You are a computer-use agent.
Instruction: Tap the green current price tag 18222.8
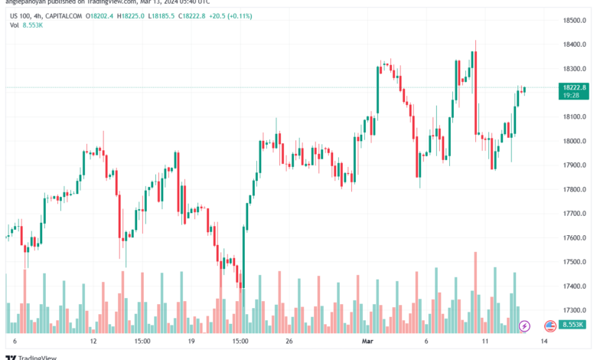(572, 88)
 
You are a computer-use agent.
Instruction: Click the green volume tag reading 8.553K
(572, 326)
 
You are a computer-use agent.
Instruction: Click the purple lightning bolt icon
(524, 326)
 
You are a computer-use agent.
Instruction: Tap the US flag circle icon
(549, 326)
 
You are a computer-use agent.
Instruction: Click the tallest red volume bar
(475, 291)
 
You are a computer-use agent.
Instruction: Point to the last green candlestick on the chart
(524, 90)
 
